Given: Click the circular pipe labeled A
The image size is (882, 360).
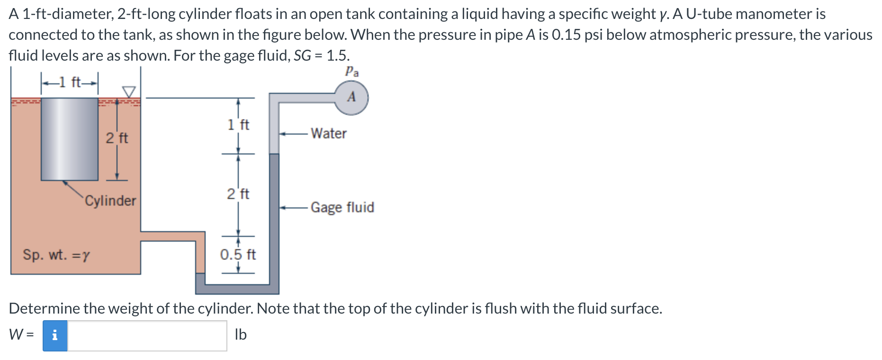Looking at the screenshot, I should (351, 98).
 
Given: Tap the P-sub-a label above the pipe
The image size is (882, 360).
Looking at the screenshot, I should (351, 72).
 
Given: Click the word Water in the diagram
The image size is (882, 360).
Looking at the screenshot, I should (328, 134).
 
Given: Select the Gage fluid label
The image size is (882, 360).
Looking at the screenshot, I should (342, 207).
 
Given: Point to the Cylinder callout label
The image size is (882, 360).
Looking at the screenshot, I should (110, 201).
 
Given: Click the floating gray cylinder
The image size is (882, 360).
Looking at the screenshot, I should (69, 139).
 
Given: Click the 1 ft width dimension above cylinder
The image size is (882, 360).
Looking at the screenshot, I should (70, 82).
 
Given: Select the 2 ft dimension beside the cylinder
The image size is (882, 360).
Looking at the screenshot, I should (117, 138).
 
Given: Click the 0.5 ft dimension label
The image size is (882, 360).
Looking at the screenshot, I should (238, 255).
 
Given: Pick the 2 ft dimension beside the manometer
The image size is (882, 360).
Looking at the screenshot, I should (238, 194).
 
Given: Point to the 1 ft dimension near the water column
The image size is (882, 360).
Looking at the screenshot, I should (238, 125).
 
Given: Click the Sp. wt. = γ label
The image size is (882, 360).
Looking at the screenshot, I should (56, 255).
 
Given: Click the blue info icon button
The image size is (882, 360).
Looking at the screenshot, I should (55, 335).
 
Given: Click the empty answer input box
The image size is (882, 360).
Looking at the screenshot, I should (147, 335).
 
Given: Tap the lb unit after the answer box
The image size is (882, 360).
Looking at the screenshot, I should (241, 335).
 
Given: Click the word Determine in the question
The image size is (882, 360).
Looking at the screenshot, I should (45, 308).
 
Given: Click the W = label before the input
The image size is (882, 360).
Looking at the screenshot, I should (21, 335).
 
